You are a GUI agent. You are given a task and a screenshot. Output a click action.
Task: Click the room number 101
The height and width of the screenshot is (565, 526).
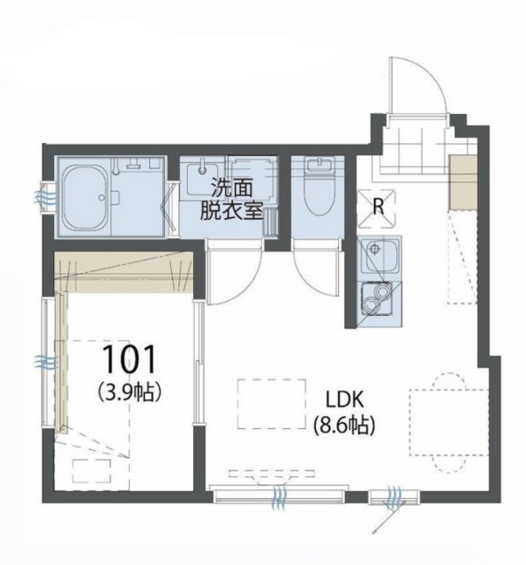(130, 358)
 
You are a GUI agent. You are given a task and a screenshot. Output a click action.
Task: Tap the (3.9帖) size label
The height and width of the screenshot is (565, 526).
(130, 392)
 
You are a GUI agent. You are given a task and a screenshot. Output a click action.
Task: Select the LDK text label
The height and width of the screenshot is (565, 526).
(344, 399)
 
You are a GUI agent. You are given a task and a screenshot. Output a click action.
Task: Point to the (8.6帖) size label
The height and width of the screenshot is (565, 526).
(344, 426)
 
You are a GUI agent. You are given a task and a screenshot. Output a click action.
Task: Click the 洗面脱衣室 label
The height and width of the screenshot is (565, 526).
(231, 200)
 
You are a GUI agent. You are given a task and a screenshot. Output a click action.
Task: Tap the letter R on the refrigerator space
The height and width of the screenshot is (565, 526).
(378, 207)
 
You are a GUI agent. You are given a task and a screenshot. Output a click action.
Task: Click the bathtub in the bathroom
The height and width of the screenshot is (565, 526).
(86, 197)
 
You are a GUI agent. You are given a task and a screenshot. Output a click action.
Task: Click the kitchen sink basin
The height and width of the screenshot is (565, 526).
(381, 255)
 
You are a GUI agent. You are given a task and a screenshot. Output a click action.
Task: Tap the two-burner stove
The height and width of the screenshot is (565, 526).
(377, 298)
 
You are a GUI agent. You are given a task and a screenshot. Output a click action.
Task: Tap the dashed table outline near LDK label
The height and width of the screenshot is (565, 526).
(272, 403)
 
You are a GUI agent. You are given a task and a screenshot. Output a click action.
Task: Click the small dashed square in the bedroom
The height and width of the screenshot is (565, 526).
(91, 471)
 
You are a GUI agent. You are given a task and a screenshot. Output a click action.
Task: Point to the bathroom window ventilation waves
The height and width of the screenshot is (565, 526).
(45, 198)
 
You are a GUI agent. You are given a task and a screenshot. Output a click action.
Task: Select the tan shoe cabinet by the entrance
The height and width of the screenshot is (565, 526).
(463, 182)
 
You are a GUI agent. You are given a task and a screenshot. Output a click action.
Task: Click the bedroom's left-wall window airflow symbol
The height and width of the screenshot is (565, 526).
(45, 361)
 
